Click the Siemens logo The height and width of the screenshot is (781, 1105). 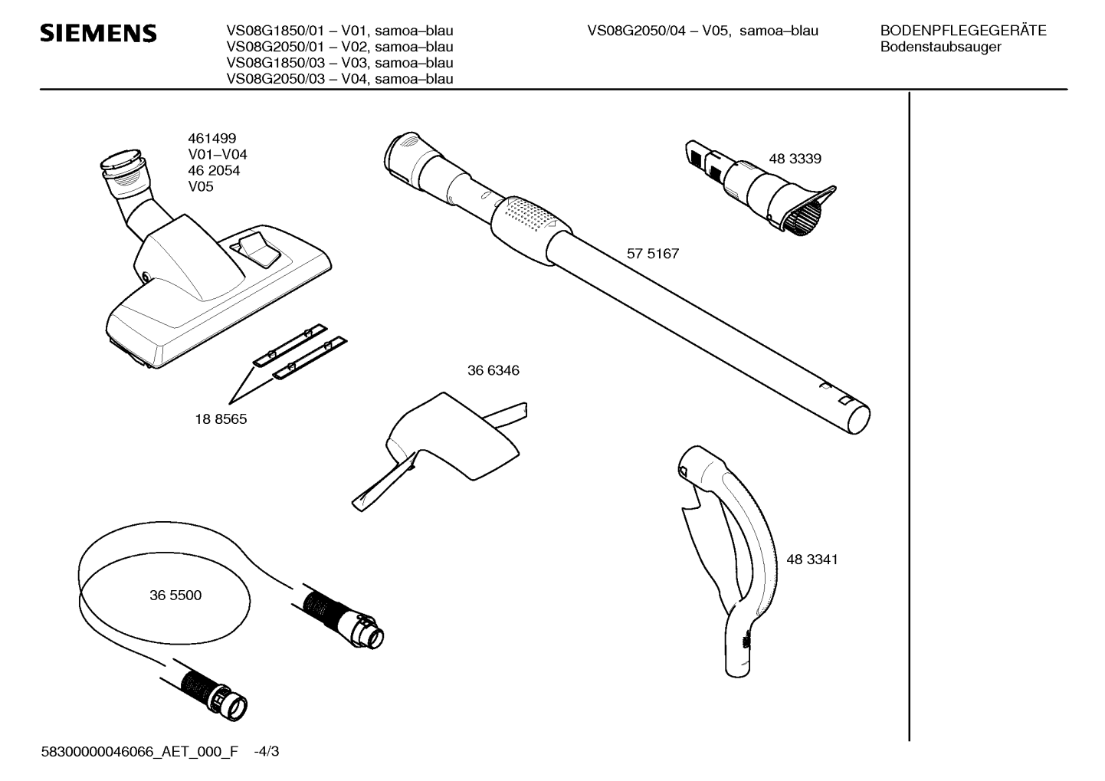pyautogui.click(x=98, y=33)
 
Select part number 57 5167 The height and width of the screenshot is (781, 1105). pyautogui.click(x=653, y=254)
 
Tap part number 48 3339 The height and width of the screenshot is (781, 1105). pyautogui.click(x=795, y=159)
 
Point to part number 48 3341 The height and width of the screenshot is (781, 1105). pyautogui.click(x=812, y=559)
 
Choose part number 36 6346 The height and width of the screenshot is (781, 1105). pyautogui.click(x=493, y=370)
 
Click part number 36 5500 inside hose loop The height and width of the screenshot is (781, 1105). pyautogui.click(x=175, y=596)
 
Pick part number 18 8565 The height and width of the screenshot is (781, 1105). pyautogui.click(x=221, y=419)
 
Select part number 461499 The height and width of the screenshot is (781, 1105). pyautogui.click(x=211, y=138)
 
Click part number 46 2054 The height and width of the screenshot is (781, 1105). pyautogui.click(x=214, y=171)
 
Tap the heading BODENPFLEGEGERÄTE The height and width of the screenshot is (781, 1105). pyautogui.click(x=963, y=31)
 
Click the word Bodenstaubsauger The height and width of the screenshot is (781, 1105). pyautogui.click(x=941, y=48)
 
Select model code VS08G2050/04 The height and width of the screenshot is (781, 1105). pyautogui.click(x=636, y=31)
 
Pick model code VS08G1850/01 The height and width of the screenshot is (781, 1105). pyautogui.click(x=275, y=31)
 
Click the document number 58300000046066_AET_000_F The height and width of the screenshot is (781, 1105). pyautogui.click(x=139, y=751)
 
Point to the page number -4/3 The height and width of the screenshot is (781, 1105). pyautogui.click(x=267, y=751)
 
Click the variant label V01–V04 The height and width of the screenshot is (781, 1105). pyautogui.click(x=217, y=154)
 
